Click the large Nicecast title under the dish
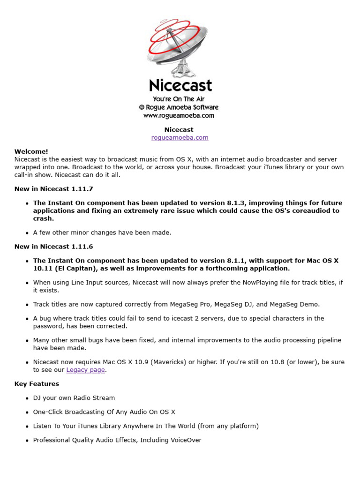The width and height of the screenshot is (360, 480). click(180, 85)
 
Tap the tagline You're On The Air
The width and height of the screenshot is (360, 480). click(179, 99)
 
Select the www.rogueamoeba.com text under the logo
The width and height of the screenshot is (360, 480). click(179, 115)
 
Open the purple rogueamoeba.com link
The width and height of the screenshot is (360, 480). click(180, 137)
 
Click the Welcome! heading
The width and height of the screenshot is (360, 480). click(31, 151)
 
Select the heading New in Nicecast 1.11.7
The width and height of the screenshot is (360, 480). click(53, 189)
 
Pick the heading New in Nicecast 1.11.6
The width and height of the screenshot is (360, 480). click(53, 247)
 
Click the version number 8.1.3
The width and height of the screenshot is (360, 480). click(236, 203)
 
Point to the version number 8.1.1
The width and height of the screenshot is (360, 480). click(236, 261)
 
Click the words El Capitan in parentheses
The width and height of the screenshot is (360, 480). click(67, 268)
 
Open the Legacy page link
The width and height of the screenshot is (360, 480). click(85, 370)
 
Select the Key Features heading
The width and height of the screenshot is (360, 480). click(37, 384)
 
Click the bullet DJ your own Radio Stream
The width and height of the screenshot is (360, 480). click(74, 398)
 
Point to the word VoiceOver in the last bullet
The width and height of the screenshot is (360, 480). click(184, 440)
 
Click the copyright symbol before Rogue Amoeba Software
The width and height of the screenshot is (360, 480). click(142, 107)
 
